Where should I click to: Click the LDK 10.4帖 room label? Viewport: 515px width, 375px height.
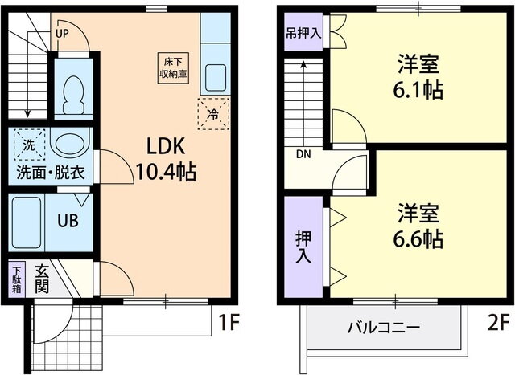166,158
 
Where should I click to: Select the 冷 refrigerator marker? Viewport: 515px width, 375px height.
213,113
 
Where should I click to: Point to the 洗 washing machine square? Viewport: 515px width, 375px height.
28,145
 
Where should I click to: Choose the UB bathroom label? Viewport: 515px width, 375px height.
67,219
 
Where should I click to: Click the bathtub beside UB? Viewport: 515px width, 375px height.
27,222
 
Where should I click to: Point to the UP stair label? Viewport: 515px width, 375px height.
62,34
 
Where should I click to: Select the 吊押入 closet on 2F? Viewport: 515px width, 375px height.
303,35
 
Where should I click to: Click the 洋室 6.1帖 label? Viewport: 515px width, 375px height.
419,76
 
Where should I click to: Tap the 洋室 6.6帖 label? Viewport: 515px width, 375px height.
419,226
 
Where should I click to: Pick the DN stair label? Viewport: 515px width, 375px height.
303,153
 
